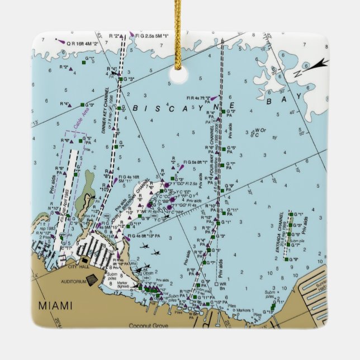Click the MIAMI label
pyautogui.click(x=55, y=305)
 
